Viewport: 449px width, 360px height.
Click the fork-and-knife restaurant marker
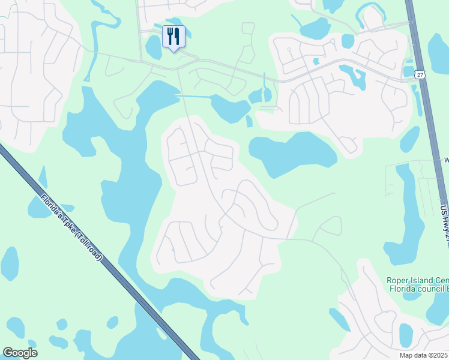click(173, 37)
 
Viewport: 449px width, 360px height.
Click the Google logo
click(20, 353)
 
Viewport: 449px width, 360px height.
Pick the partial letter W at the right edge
click(446, 160)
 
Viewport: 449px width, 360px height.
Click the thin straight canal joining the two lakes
click(193, 96)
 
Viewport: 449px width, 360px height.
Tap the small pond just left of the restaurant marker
click(152, 48)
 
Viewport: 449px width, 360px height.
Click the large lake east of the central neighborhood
click(291, 153)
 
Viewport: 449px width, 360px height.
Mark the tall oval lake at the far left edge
click(10, 263)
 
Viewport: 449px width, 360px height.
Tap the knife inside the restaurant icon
click(177, 36)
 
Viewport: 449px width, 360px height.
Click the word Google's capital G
click(8, 353)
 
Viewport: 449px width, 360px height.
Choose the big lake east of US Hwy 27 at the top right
click(440, 54)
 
